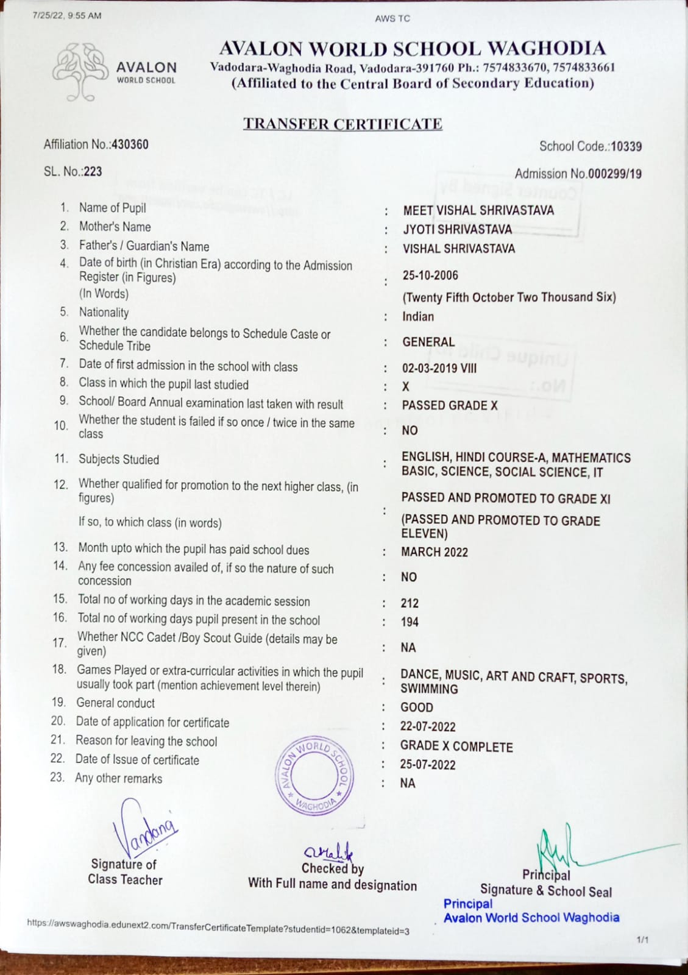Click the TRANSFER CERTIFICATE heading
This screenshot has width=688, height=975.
pos(342,124)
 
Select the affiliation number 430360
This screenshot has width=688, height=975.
pos(130,144)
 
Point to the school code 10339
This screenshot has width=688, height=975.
pos(626,146)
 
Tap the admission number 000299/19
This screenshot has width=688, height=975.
pos(615,174)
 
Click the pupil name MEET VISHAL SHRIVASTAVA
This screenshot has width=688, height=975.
pos(478,210)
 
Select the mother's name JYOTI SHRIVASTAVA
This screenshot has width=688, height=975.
pos(457,229)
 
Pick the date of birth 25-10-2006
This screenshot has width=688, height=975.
pos(430,275)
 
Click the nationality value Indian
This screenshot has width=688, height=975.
pos(418,316)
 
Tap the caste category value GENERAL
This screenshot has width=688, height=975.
pos(428,342)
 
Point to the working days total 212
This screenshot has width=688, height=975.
pos(410,603)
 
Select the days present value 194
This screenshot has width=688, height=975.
pos(410,622)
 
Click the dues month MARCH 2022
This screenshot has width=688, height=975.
pos(434,552)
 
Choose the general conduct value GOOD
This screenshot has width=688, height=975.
pos(417,707)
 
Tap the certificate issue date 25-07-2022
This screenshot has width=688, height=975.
pos(428,765)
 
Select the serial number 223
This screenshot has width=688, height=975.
pos(93,171)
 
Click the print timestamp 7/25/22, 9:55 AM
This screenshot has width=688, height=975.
pos(67,15)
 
